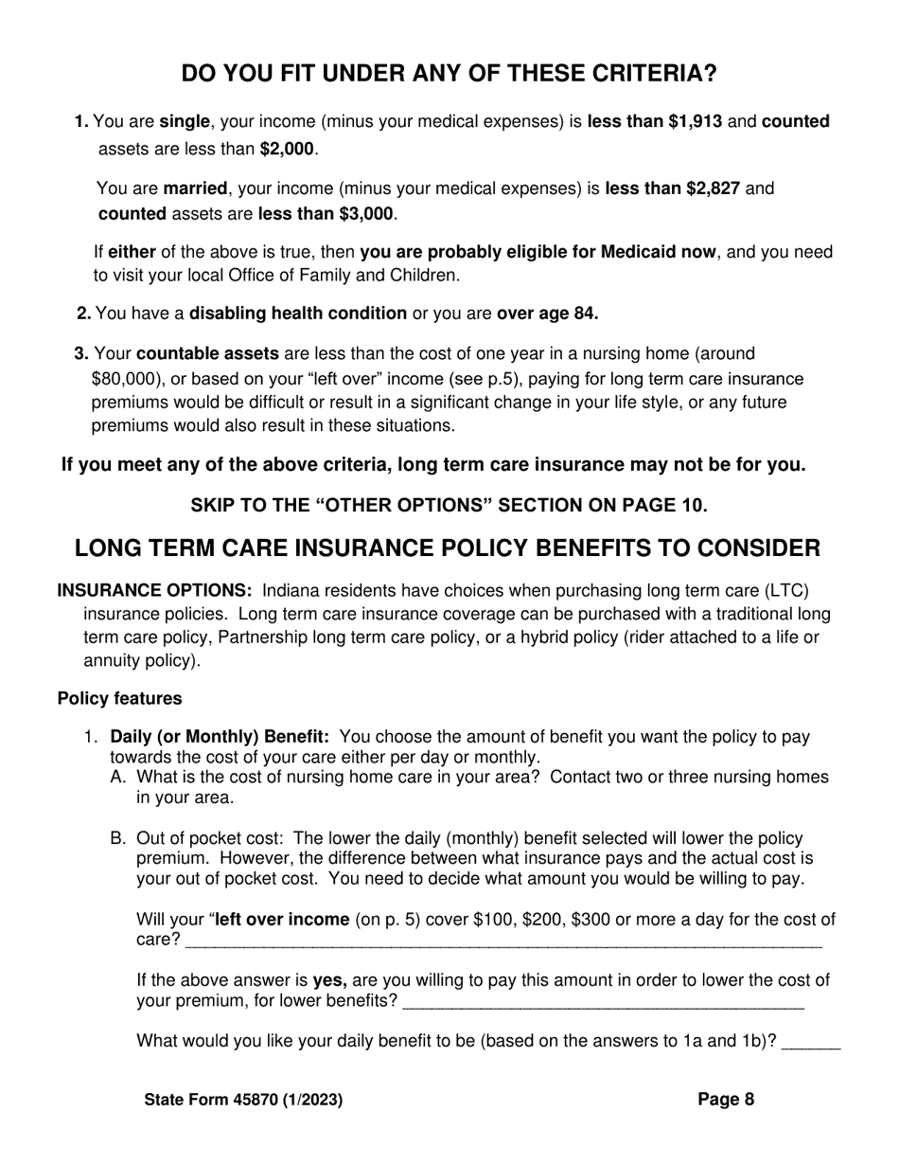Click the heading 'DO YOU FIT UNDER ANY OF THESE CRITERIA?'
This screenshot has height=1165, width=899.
[449, 74]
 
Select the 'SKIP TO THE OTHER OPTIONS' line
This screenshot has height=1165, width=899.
[449, 505]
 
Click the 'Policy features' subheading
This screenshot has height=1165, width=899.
[119, 698]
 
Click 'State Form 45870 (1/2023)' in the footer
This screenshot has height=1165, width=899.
[243, 1100]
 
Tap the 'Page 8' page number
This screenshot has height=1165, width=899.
[726, 1100]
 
